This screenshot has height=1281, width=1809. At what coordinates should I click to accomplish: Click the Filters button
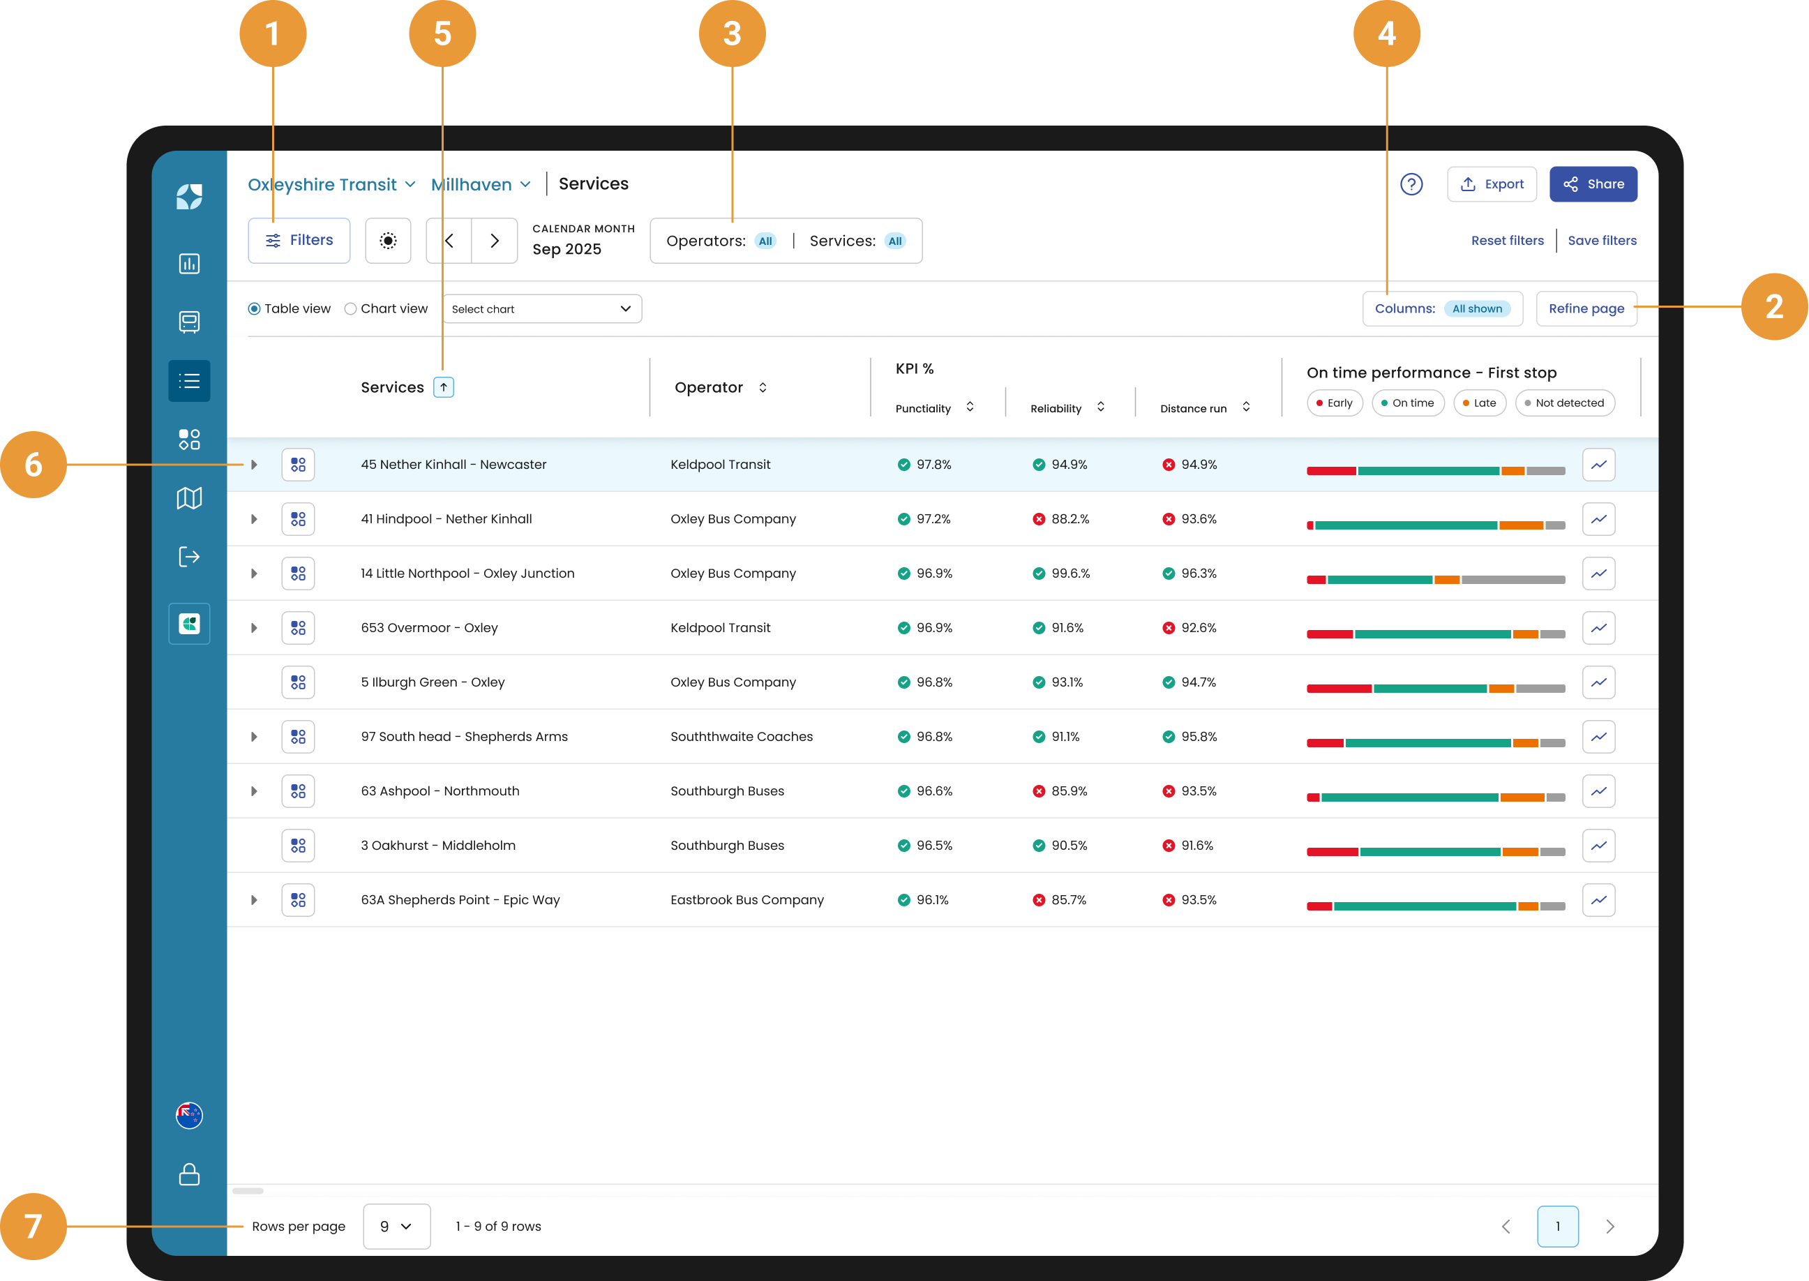[x=299, y=241]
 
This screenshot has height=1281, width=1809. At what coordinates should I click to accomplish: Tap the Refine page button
[x=1586, y=308]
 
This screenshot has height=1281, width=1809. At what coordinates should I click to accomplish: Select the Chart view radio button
[x=350, y=309]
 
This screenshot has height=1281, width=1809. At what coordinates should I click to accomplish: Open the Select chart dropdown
[x=543, y=309]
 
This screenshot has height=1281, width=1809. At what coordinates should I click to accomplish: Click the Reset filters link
[x=1507, y=241]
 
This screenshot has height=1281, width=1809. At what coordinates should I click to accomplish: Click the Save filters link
[x=1602, y=241]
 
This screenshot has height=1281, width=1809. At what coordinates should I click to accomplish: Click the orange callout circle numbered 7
[x=33, y=1226]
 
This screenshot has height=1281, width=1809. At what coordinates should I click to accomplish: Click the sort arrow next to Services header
[x=444, y=387]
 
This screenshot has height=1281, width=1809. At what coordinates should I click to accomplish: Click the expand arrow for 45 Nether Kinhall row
[x=254, y=465]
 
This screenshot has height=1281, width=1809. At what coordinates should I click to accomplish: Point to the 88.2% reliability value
[x=1069, y=519]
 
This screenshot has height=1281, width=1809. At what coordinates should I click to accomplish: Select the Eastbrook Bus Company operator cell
[x=746, y=900]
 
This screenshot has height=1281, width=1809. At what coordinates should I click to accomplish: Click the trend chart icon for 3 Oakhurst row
[x=1598, y=846]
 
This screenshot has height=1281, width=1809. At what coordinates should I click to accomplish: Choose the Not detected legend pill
[x=1565, y=403]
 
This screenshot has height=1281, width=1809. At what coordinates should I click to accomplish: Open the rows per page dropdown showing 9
[x=397, y=1227]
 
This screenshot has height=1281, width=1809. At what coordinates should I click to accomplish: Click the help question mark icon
[x=1411, y=185]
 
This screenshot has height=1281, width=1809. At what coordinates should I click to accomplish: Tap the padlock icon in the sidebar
[x=189, y=1174]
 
